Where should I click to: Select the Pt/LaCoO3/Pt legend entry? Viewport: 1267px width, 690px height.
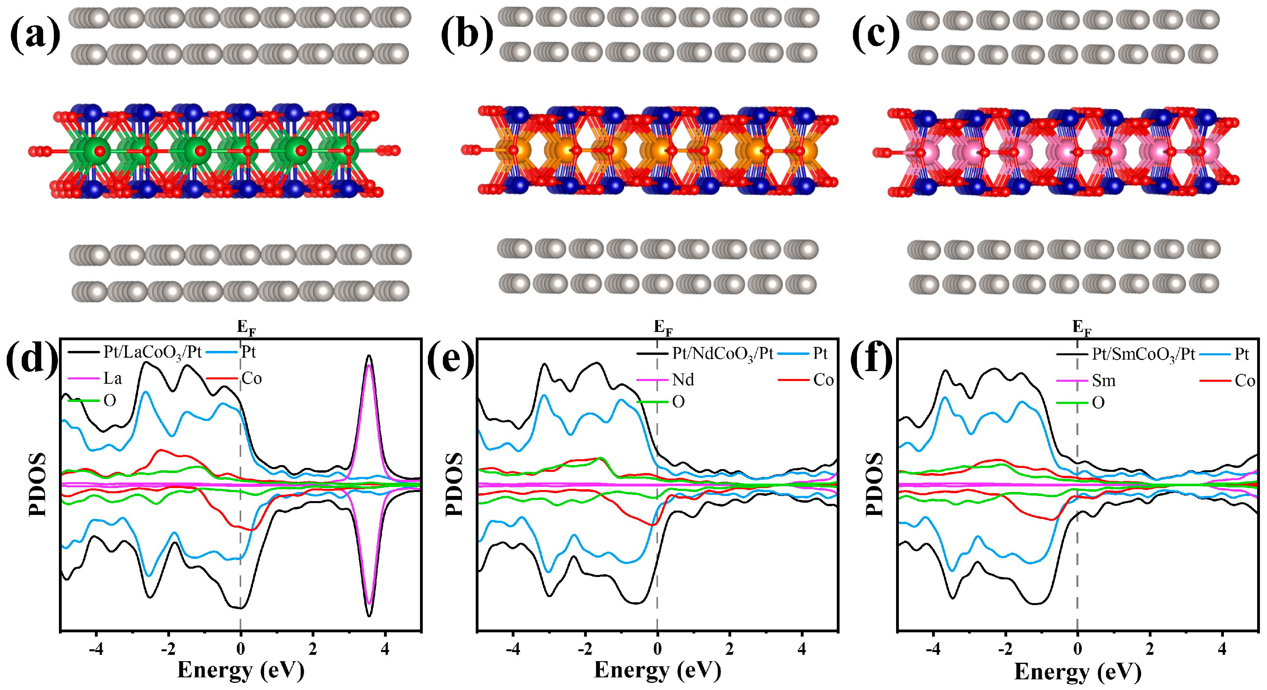(x=153, y=353)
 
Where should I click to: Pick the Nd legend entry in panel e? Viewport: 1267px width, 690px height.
(x=683, y=379)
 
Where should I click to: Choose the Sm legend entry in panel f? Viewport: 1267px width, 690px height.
(x=1103, y=381)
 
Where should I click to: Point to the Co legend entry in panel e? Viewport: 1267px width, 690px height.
(x=823, y=380)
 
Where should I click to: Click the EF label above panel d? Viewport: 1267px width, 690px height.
(x=246, y=328)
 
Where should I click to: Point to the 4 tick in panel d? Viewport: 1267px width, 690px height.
(x=385, y=650)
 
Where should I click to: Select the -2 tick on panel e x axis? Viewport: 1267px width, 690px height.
(x=585, y=650)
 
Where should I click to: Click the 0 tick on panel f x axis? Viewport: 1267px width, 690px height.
(x=1077, y=650)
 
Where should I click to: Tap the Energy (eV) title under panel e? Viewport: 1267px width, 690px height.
(x=657, y=670)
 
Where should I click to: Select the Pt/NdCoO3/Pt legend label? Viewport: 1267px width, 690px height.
(x=722, y=353)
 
